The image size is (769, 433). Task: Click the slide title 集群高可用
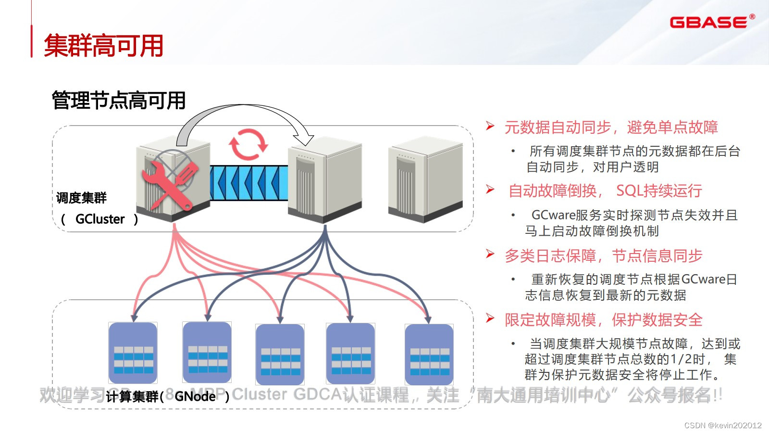point(104,46)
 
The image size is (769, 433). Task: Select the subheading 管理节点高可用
point(119,101)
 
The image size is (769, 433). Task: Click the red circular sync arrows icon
point(248,144)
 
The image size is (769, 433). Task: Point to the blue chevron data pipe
point(248,183)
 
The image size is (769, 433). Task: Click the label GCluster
point(100,219)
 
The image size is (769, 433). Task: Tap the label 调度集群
point(81,198)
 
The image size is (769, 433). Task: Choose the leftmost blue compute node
point(133,353)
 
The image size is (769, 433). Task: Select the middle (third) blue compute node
point(280,355)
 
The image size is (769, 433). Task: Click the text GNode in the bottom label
point(195,396)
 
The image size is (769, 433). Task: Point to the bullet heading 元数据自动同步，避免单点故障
point(611,127)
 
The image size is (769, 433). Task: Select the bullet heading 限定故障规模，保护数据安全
point(603,320)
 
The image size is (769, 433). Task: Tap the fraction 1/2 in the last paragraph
point(681,359)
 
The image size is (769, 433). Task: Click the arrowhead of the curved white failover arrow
point(304,140)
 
